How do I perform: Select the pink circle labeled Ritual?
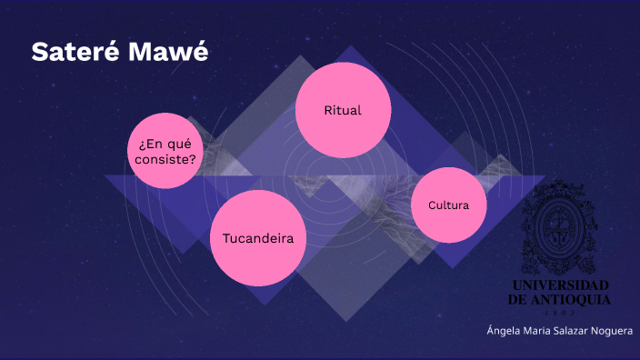(x=343, y=111)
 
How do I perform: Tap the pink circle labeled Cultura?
(x=448, y=205)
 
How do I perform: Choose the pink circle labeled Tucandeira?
(x=258, y=238)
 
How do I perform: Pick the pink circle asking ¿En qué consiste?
(x=165, y=151)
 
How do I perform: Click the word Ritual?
(x=343, y=111)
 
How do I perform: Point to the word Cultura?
(x=448, y=205)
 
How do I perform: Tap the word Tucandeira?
(x=258, y=239)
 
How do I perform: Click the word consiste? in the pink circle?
(x=165, y=160)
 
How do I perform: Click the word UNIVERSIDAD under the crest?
(x=559, y=285)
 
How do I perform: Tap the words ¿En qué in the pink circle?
(x=165, y=144)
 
